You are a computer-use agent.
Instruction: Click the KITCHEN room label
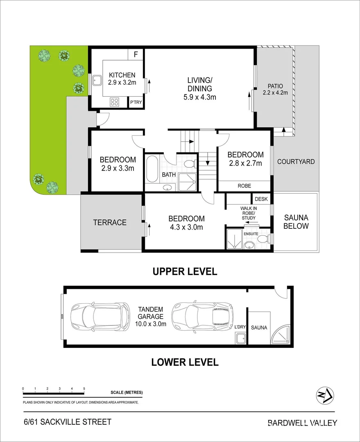click(122, 75)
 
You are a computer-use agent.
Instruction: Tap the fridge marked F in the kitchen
click(136, 54)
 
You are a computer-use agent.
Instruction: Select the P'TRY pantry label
click(135, 102)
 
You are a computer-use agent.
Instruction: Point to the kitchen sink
click(97, 79)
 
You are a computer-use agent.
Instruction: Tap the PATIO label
click(275, 86)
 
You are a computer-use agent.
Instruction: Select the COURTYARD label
click(296, 162)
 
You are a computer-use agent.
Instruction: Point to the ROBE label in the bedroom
click(245, 186)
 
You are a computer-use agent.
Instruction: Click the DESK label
click(261, 199)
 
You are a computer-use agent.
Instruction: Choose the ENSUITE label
click(251, 233)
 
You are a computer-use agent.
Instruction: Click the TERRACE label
click(109, 223)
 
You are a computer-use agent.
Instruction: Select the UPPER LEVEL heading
click(185, 271)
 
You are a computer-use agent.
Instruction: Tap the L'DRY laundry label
click(240, 327)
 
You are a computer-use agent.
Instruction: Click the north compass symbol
click(325, 395)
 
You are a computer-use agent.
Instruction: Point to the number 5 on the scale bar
click(84, 388)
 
